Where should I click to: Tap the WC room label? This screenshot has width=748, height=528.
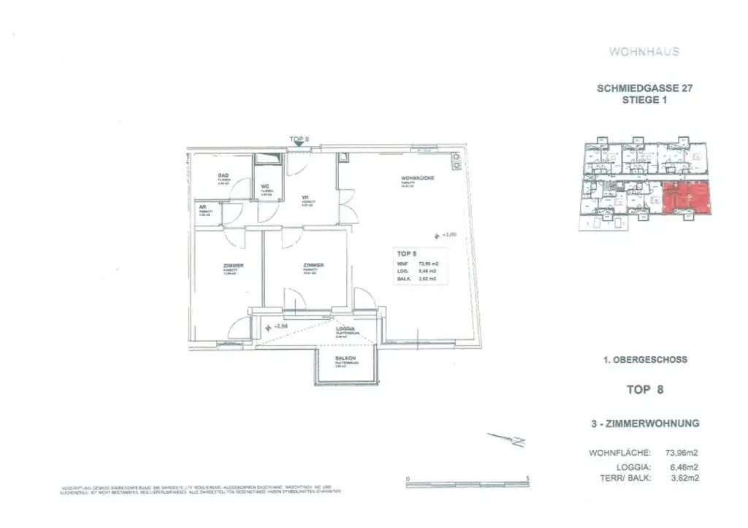(266, 186)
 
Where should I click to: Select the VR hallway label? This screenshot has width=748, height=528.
(307, 196)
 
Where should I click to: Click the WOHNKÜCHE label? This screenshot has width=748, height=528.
(413, 179)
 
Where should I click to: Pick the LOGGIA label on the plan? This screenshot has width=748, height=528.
(346, 329)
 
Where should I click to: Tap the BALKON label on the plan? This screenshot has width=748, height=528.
(345, 359)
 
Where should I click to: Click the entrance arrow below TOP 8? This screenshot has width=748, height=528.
(297, 146)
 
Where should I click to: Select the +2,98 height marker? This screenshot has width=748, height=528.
(280, 326)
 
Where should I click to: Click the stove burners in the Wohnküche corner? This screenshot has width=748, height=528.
(456, 161)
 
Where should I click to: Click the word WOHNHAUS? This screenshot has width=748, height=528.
(644, 52)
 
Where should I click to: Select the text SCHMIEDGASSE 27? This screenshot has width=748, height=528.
(644, 88)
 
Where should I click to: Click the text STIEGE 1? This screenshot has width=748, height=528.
(644, 101)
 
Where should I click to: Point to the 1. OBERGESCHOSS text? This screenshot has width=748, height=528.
(644, 360)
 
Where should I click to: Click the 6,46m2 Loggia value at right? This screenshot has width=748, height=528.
(684, 466)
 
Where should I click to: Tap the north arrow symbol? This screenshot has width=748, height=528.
(506, 440)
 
